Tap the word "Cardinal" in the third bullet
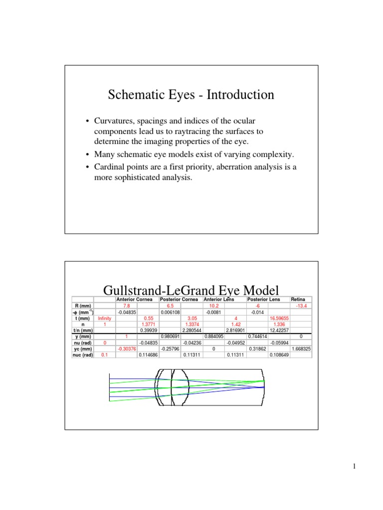[x=109, y=167]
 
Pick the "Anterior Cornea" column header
[x=136, y=299]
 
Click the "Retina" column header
[x=298, y=299]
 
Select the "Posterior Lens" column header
[x=264, y=299]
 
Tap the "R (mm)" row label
[x=82, y=305]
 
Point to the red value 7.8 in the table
[x=126, y=305]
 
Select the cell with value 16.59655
[x=280, y=318]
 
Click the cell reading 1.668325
[x=301, y=349]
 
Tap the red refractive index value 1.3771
[x=149, y=324]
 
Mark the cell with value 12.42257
[x=280, y=330]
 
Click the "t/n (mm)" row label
[x=82, y=330]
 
